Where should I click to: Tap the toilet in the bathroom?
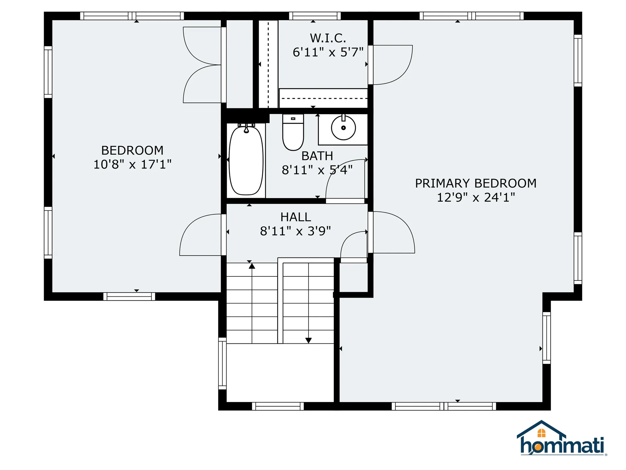point(293,132)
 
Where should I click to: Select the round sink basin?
point(343,128)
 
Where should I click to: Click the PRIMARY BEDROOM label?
point(476,183)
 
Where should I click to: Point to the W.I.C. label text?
point(328,38)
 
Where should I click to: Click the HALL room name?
point(296,217)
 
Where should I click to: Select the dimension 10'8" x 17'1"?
point(132,164)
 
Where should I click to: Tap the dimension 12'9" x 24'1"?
point(476,197)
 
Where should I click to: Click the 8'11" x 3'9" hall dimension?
point(295,231)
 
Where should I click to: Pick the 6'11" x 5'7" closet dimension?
point(328,52)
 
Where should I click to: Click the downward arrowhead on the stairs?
point(308,340)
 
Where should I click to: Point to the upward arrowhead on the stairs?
point(252,266)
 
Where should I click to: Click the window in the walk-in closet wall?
point(315,16)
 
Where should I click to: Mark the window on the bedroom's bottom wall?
point(129,296)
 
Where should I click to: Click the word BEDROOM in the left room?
point(132,150)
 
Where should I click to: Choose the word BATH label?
point(317,156)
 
